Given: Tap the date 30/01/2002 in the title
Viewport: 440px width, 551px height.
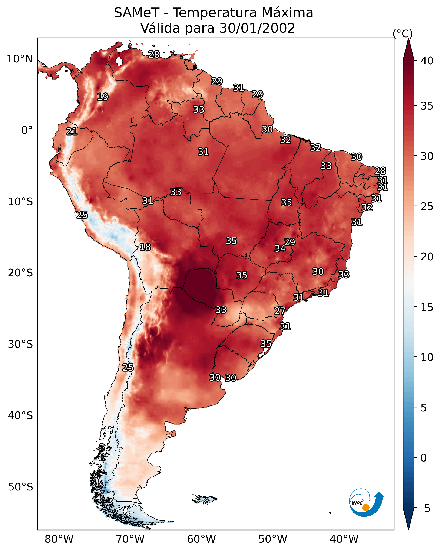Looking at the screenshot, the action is point(257,28).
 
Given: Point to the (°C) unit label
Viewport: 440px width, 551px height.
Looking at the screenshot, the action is point(403,33).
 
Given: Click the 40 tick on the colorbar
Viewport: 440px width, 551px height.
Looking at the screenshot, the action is point(427,61).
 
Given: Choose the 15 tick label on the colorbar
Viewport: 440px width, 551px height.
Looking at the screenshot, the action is point(427,307).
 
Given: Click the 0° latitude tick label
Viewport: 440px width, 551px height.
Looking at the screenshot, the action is point(27,130).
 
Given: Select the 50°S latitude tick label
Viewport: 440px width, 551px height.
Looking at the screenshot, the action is point(20,487).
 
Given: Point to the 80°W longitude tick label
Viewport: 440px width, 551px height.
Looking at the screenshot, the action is point(59,539).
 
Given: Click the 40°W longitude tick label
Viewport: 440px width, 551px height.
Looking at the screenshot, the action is point(344,539).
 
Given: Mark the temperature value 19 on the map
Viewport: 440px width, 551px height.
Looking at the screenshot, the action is point(103,97).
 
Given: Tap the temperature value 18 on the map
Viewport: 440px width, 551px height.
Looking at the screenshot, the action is point(145,247).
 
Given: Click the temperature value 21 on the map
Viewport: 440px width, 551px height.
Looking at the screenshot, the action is point(72,132).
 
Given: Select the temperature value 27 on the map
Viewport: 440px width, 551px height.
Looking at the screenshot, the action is point(280,311).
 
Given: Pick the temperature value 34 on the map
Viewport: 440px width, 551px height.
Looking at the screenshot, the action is point(280,248).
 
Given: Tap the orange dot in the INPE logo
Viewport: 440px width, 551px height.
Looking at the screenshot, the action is point(366,508).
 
